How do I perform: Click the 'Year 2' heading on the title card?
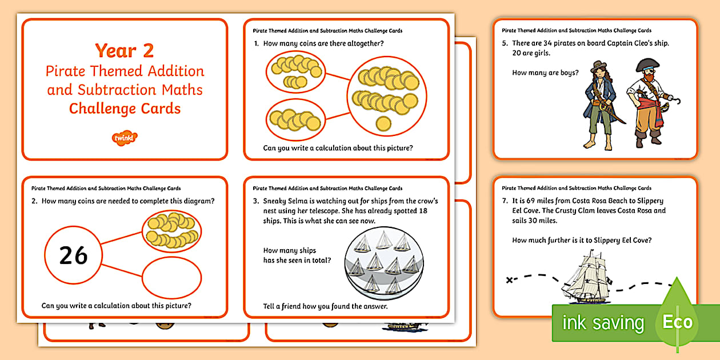125,51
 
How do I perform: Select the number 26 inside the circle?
73,255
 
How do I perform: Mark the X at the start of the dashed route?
510,279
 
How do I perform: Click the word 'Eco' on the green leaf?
677,321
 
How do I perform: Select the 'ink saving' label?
602,323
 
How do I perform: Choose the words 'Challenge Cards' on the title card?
125,109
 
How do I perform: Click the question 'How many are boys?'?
545,73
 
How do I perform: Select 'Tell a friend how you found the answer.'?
325,306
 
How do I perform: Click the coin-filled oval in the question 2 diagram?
171,231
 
